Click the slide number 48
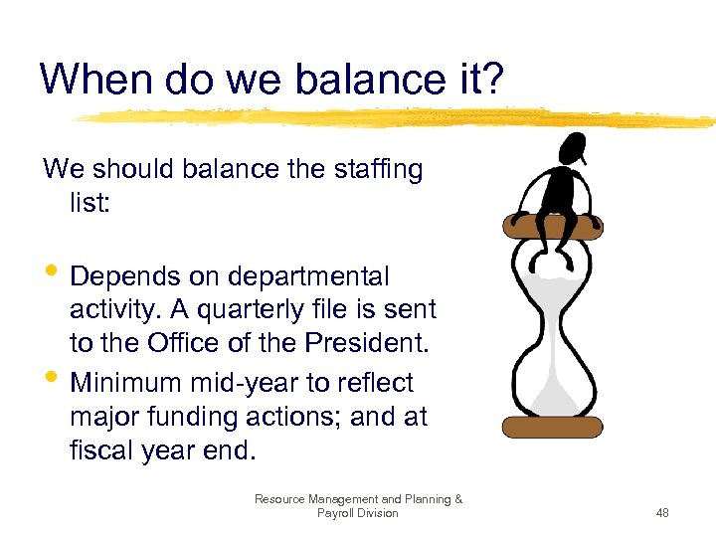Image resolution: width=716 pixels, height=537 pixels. pyautogui.click(x=662, y=513)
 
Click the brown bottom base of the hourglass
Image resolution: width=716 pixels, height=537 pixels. pyautogui.click(x=553, y=428)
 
